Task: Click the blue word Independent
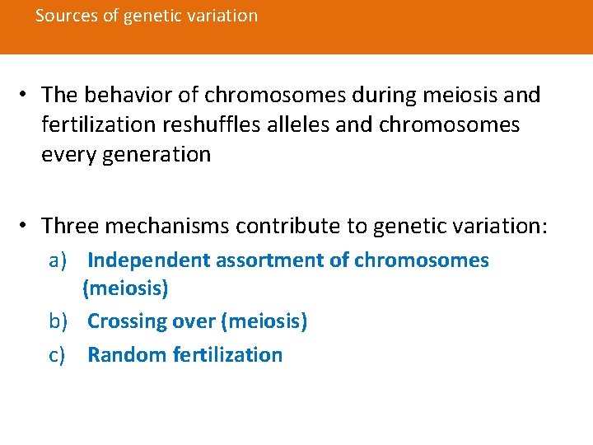(x=148, y=261)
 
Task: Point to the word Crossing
(x=121, y=321)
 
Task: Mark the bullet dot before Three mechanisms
(x=27, y=226)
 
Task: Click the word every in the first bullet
(x=68, y=154)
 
